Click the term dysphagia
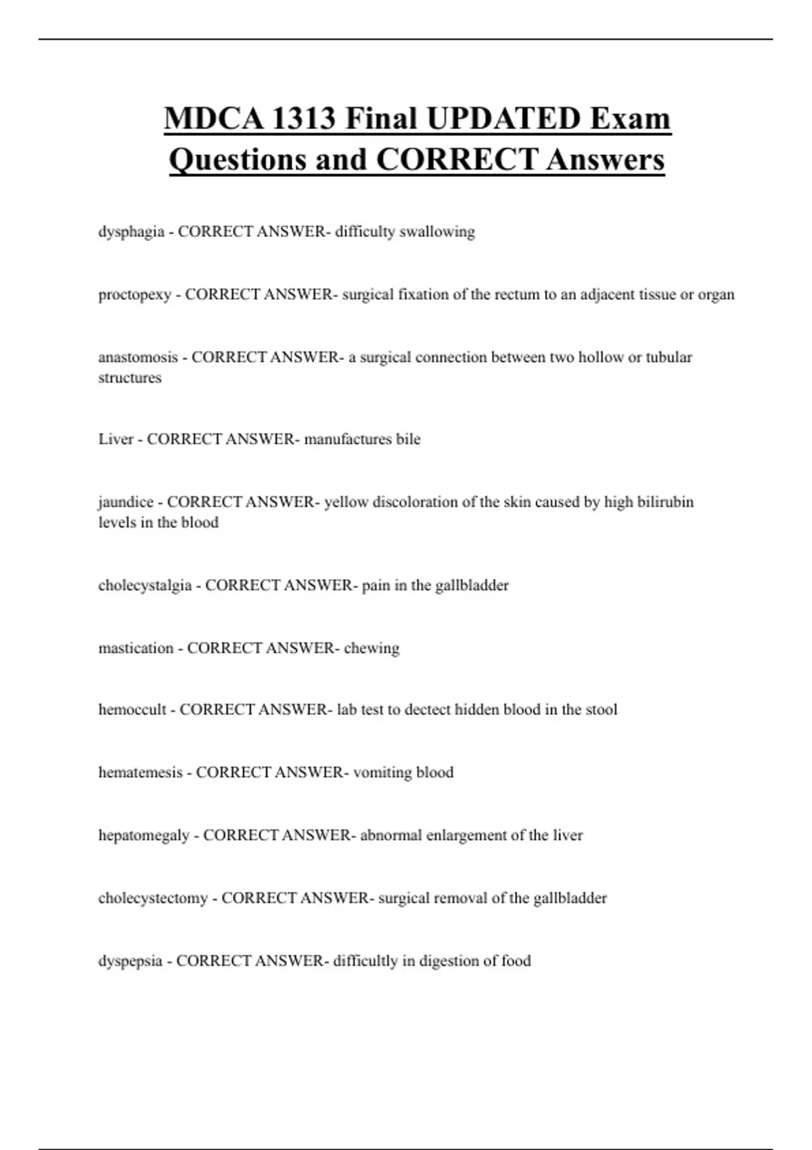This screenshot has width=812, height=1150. click(x=131, y=232)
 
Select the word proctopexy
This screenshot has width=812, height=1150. click(x=135, y=295)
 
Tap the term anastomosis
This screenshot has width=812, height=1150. click(x=138, y=357)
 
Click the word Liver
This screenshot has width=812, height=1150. click(x=116, y=439)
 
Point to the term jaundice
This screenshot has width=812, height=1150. click(x=126, y=502)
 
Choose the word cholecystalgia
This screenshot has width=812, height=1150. click(x=145, y=585)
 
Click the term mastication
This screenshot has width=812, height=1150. click(x=136, y=648)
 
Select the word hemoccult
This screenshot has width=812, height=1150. click(x=132, y=710)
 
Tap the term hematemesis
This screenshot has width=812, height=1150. click(x=140, y=773)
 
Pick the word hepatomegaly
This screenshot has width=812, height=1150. click(x=143, y=835)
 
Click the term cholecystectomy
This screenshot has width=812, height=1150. click(x=153, y=898)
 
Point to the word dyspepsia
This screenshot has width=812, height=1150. click(x=130, y=961)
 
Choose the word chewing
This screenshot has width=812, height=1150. click(x=371, y=648)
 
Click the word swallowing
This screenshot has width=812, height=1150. click(x=437, y=232)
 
